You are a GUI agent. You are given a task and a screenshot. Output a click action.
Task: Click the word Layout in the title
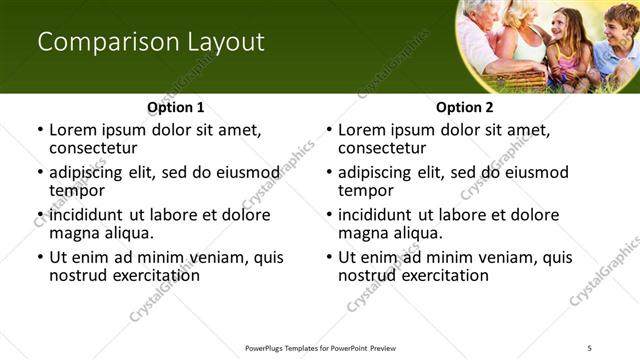225,42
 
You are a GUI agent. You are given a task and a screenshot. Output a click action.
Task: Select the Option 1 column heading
176,107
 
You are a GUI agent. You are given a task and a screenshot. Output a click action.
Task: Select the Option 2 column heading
464,107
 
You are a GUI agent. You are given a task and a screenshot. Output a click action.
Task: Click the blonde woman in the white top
524,35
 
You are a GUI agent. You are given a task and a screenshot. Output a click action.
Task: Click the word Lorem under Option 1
73,130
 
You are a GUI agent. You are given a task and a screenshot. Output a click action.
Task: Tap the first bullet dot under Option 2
329,130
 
